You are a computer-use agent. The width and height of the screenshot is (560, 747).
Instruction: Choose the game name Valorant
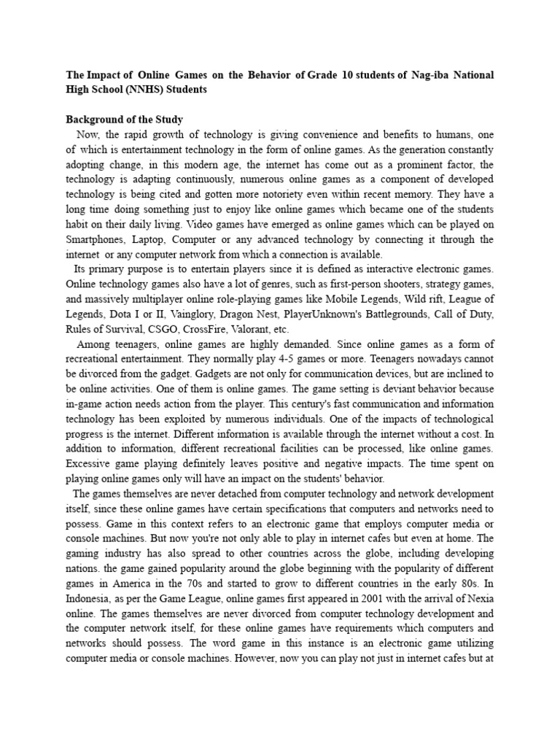(288, 329)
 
